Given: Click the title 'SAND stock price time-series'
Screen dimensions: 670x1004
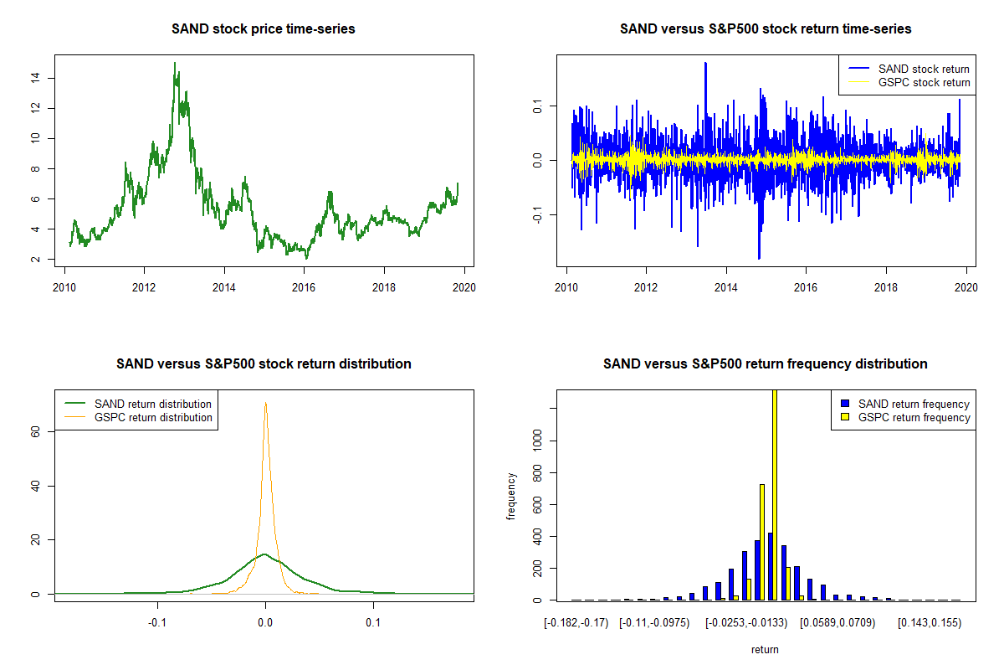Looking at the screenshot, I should click(x=263, y=29).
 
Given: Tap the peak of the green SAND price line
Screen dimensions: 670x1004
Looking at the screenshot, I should click(x=175, y=64).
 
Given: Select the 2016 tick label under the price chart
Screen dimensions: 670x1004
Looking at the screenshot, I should click(x=304, y=286).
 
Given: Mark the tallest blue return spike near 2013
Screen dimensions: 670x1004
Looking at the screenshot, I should click(x=706, y=64).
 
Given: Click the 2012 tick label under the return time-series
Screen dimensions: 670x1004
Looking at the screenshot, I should click(x=646, y=286).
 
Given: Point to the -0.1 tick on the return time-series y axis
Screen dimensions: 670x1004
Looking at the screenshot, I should click(x=536, y=214).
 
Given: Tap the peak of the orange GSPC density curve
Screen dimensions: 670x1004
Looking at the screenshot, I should click(x=266, y=404).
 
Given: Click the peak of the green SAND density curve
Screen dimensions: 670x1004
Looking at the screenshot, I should click(x=264, y=554).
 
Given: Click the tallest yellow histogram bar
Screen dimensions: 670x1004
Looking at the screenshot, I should click(x=775, y=494).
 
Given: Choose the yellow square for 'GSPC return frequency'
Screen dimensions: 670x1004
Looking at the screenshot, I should click(x=847, y=417).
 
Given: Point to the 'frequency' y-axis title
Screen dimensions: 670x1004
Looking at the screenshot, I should click(x=511, y=496).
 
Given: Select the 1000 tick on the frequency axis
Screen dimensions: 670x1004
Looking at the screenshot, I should click(x=536, y=441).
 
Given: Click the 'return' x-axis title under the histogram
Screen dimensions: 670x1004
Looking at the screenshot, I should click(x=765, y=649).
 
